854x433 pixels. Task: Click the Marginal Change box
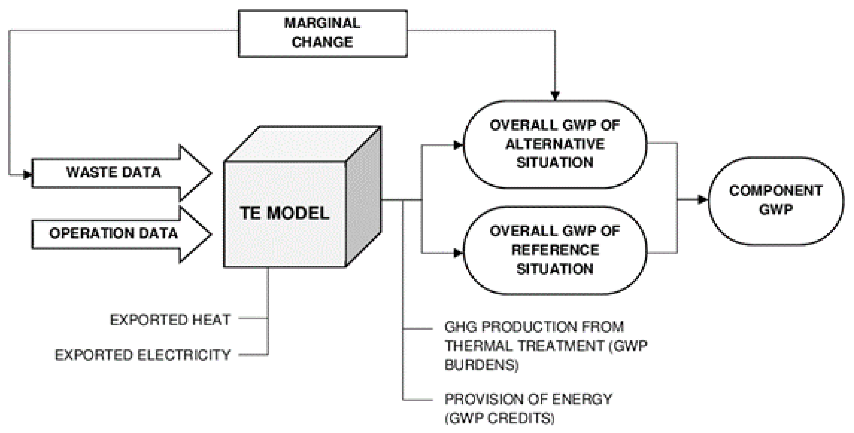pyautogui.click(x=323, y=33)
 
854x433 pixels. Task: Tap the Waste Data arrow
pyautogui.click(x=114, y=173)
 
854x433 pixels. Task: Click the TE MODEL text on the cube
pyautogui.click(x=284, y=213)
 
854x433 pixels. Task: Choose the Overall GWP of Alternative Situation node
pyautogui.click(x=555, y=145)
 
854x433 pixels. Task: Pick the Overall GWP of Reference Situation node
pyautogui.click(x=555, y=250)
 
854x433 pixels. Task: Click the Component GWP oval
pyautogui.click(x=776, y=200)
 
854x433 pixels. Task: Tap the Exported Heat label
pyautogui.click(x=170, y=320)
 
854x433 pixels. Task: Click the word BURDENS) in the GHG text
pyautogui.click(x=481, y=365)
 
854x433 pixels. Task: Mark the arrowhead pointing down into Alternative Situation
pyautogui.click(x=555, y=95)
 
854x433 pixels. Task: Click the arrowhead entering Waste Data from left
pyautogui.click(x=27, y=174)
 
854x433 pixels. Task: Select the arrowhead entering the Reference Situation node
pyautogui.click(x=458, y=253)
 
